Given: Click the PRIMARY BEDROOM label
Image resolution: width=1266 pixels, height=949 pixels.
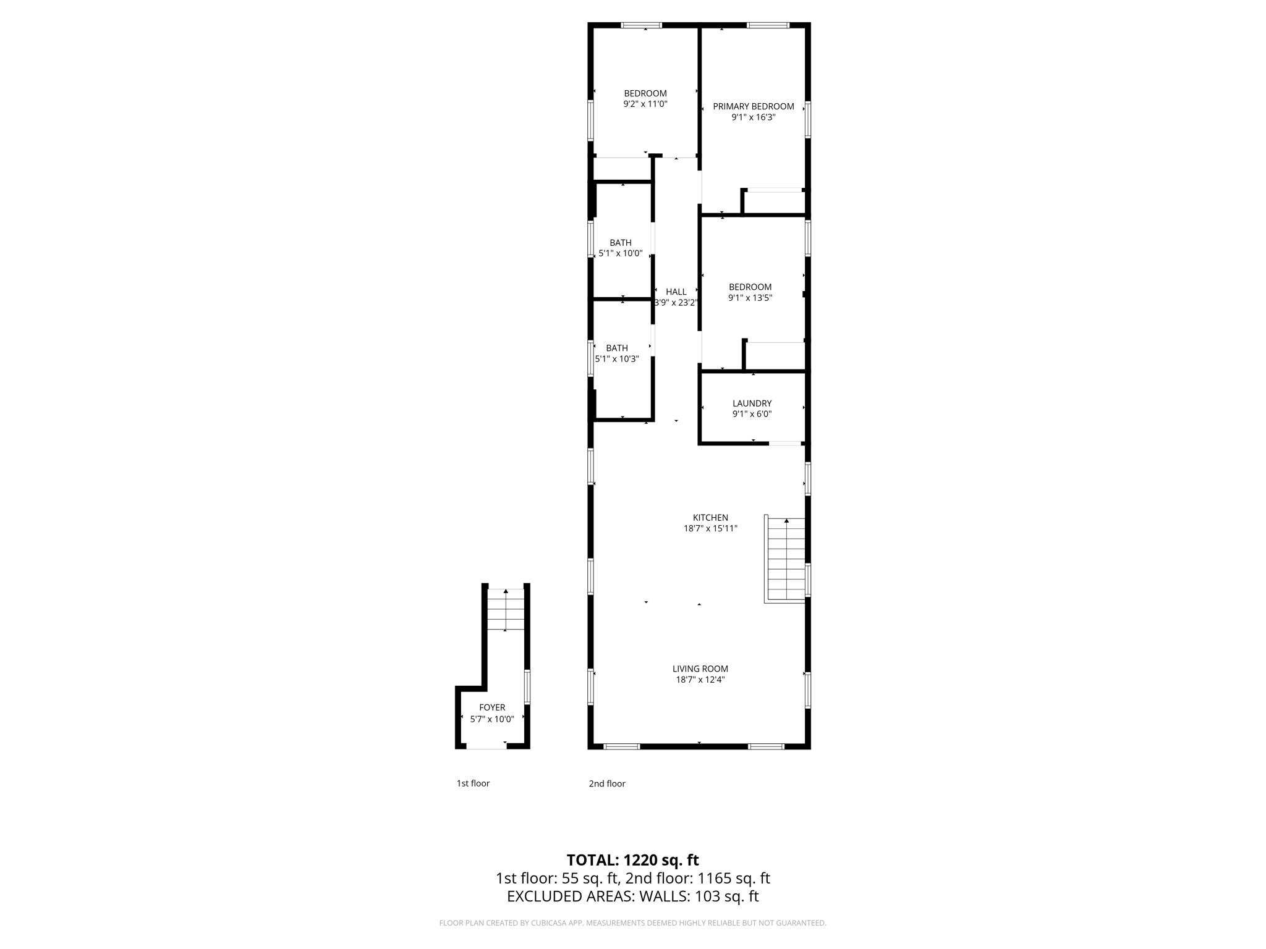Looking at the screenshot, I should point(753,106).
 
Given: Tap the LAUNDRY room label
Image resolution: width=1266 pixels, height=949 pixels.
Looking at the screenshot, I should point(752,403).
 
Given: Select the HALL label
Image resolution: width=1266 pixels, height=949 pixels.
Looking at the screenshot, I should point(676,292).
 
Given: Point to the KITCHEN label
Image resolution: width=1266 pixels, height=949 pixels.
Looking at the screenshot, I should point(710,518).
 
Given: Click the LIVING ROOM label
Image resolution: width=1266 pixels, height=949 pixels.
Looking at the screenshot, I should point(700,669).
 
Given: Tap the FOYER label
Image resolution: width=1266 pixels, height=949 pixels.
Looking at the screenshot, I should point(492,707).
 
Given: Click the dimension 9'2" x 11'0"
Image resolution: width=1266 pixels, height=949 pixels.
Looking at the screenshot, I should point(645,104).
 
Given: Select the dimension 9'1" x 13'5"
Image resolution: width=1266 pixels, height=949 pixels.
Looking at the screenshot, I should point(750,298).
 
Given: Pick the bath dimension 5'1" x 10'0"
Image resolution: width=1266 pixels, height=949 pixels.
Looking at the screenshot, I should point(621,253).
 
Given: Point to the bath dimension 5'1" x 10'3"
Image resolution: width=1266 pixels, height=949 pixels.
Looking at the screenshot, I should point(617,359).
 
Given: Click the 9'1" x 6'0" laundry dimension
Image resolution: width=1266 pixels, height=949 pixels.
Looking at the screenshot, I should point(752,415).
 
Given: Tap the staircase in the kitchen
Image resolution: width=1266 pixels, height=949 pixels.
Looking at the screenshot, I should point(786,559).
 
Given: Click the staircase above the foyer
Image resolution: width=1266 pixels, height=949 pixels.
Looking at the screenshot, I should point(506,610).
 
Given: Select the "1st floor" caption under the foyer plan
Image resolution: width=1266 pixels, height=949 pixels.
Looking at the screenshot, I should point(473,783).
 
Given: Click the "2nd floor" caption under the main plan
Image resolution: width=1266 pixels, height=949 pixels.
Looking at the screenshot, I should point(606,783).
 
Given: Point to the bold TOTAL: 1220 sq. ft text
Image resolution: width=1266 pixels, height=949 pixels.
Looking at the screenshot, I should point(632,860).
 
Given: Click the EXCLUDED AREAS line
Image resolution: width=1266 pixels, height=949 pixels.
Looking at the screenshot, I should point(632,896).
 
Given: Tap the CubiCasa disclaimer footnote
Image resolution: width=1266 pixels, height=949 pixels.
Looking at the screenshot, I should point(632,923).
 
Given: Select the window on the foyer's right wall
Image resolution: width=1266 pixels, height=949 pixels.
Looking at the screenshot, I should point(527,686).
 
